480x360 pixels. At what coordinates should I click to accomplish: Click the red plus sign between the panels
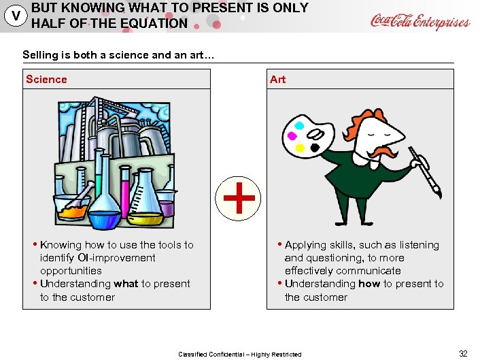click(x=239, y=199)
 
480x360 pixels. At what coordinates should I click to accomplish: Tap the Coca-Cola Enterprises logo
click(x=419, y=21)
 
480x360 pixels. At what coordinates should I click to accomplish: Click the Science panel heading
click(x=46, y=80)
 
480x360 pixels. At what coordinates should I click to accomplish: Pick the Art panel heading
click(x=277, y=80)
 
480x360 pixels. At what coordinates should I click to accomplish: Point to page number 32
click(x=463, y=353)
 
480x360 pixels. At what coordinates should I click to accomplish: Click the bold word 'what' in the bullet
click(x=126, y=284)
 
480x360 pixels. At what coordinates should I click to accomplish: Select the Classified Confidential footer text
click(x=239, y=354)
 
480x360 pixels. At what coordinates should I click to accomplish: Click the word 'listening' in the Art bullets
click(x=416, y=245)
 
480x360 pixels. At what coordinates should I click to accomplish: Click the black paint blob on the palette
click(x=315, y=147)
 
